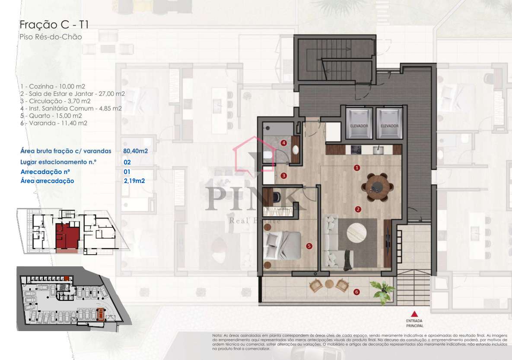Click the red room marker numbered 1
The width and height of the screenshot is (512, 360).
point(357,167)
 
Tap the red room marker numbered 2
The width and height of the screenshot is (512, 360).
point(358,209)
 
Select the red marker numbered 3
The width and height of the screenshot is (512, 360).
point(283,176)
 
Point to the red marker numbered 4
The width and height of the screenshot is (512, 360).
point(283,143)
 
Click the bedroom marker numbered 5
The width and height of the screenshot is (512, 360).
point(308,246)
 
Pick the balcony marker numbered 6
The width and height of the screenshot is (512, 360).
point(356,292)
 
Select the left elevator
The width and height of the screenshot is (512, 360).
point(359,124)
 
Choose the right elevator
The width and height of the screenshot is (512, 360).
point(389,124)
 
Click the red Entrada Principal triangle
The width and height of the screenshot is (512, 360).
point(414,314)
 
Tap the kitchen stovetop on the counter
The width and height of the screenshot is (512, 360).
point(356,150)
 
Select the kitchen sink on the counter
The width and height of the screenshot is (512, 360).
point(378,150)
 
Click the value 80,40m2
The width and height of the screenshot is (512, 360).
point(135,151)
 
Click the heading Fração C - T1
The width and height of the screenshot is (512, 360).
point(54,25)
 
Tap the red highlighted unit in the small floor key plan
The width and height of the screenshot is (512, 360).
point(67,237)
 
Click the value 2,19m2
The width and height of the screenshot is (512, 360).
point(134,181)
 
